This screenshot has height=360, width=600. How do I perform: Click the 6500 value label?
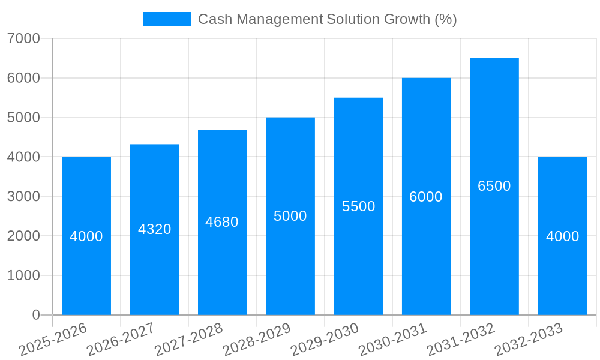point(494,186)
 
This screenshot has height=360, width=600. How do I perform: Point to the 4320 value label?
point(154,229)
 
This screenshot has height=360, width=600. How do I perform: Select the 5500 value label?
point(358,206)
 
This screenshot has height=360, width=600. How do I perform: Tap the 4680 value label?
point(222,222)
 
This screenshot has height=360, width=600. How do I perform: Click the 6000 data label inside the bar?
point(426,197)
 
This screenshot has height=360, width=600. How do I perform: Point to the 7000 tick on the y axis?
point(23,39)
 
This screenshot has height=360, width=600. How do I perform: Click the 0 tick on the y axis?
point(35,315)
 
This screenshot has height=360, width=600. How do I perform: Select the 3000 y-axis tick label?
point(23,197)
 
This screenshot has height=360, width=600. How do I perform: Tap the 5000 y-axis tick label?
point(23,118)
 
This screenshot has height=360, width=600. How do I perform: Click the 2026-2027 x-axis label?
point(121,340)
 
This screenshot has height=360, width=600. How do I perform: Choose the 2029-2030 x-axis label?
point(325,340)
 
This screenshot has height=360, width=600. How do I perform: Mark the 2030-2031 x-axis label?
point(392,340)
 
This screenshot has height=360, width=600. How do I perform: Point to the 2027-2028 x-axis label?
point(188,340)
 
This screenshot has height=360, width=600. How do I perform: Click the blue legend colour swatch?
point(166,19)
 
